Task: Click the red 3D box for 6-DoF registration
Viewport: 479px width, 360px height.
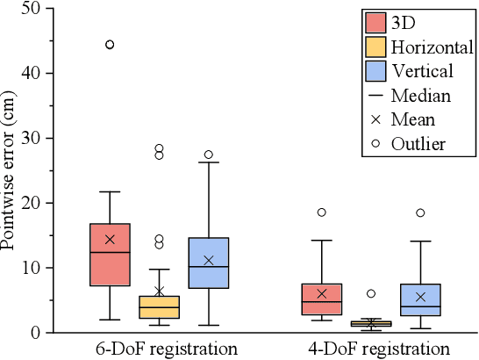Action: [110, 255]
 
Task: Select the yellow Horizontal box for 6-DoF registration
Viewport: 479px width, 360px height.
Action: [159, 306]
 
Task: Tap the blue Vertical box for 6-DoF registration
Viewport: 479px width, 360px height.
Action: [208, 263]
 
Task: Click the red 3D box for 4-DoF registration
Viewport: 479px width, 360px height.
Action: [321, 299]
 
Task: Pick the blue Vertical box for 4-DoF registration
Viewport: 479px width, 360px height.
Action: [419, 299]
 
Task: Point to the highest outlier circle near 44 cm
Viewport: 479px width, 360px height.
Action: [110, 44]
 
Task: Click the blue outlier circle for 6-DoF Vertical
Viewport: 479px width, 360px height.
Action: [208, 155]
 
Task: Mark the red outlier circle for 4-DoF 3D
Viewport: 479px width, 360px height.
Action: [321, 212]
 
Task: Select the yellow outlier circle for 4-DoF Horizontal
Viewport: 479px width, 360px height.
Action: [370, 293]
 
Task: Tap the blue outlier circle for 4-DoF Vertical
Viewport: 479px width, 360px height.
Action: [419, 212]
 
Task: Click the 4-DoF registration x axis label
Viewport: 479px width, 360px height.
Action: [370, 348]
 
